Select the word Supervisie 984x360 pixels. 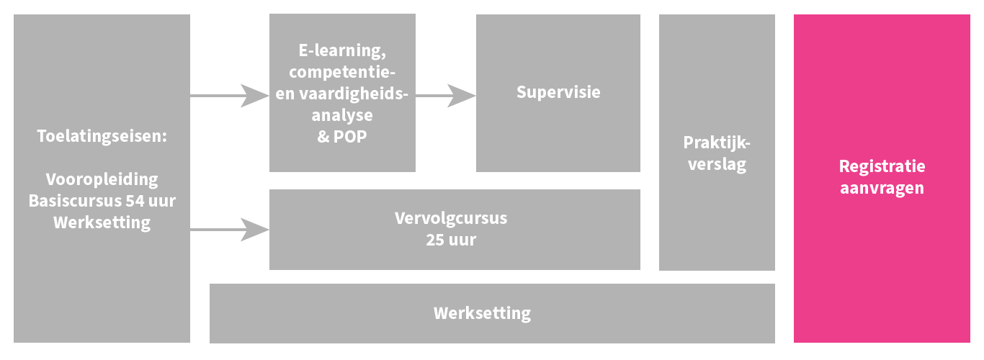click(558, 92)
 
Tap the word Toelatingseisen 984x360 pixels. click(102, 135)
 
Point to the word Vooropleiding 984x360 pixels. click(102, 179)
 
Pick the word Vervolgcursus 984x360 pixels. click(451, 218)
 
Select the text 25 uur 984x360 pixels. click(451, 240)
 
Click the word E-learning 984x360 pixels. click(342, 50)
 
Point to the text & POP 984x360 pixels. click(342, 136)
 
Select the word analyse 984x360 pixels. click(342, 114)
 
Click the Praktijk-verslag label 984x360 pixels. click(717, 153)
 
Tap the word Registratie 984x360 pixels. click(882, 166)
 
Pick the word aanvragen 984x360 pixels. click(882, 189)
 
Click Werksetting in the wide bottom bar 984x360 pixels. click(482, 313)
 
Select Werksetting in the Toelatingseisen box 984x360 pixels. click(102, 222)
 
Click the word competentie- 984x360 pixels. click(342, 72)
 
